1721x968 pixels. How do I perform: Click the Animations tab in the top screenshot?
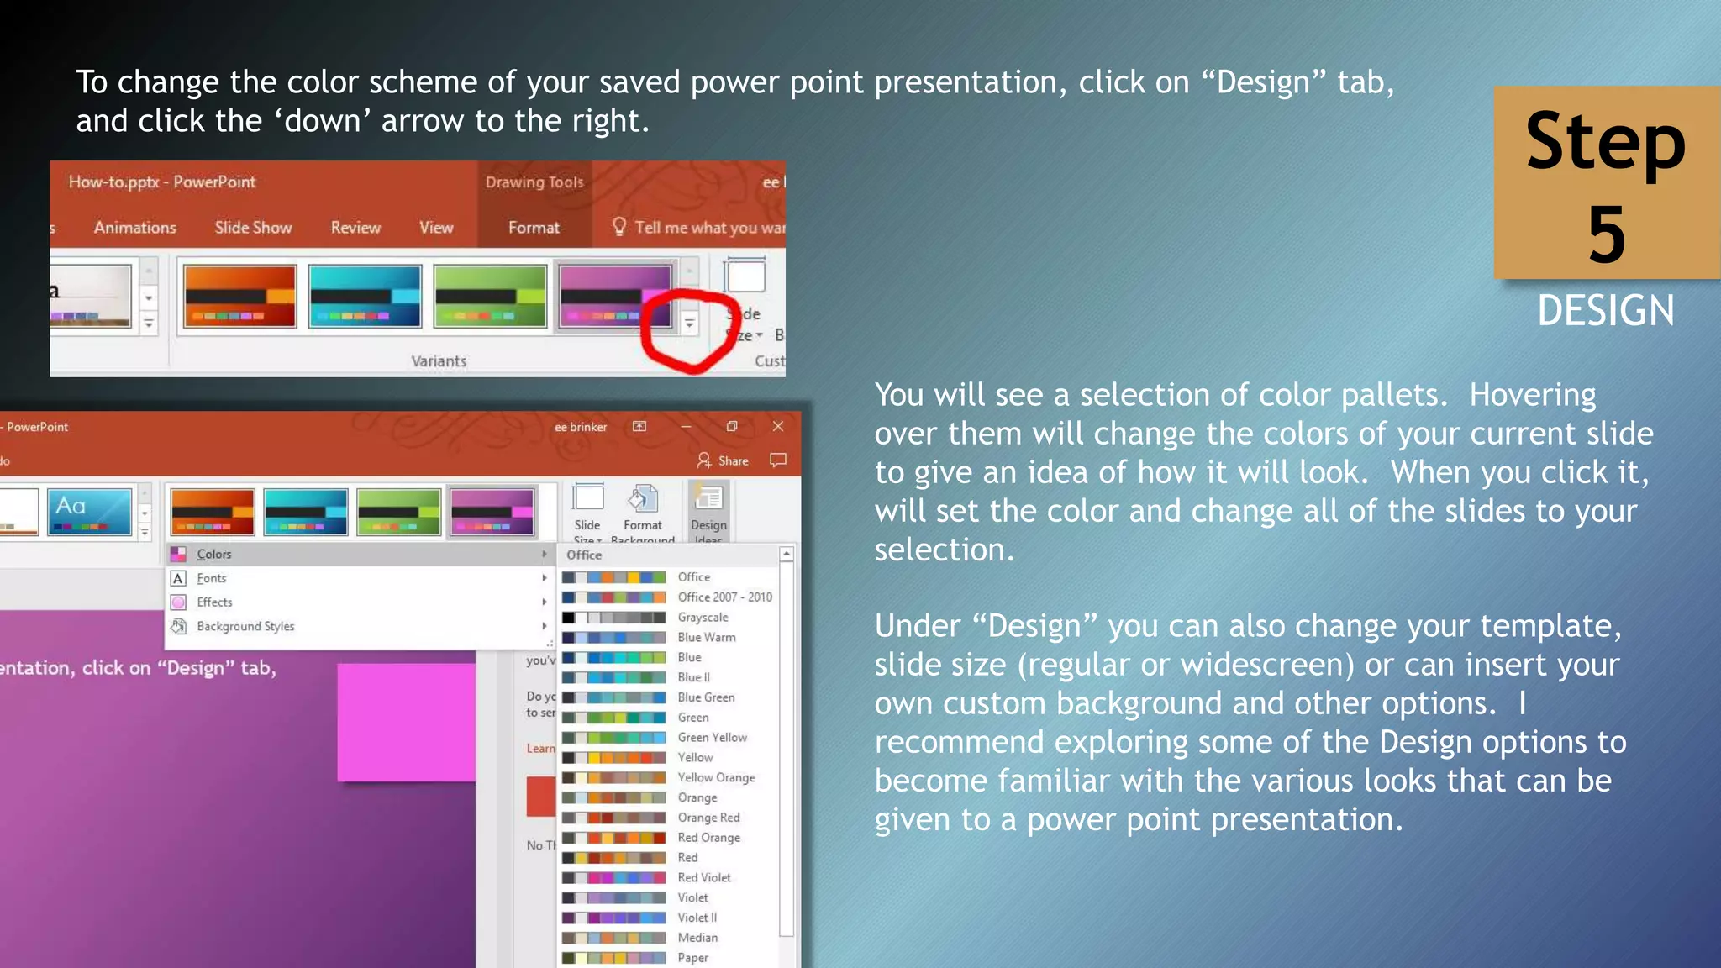[134, 228]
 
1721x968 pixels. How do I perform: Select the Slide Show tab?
[253, 228]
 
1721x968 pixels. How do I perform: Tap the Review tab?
[355, 228]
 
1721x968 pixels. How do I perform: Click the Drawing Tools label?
[534, 182]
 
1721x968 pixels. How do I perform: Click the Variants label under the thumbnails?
[439, 361]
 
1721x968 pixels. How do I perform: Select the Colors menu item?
[214, 555]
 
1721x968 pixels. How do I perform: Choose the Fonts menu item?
[212, 579]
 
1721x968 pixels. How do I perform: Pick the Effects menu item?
[214, 602]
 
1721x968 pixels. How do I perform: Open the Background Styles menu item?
[245, 627]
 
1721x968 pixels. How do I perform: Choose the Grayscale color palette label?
[703, 618]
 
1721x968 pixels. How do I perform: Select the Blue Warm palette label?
[707, 638]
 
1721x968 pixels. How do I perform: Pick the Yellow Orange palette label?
[716, 778]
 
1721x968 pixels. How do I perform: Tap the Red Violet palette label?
[704, 878]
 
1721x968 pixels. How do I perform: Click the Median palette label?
[697, 938]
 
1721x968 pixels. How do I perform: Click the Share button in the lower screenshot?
[723, 461]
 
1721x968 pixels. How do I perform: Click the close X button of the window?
[778, 427]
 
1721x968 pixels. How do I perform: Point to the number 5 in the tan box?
[1606, 235]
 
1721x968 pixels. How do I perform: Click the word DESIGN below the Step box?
[1606, 311]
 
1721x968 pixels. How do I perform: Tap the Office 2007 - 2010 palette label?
[724, 597]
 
